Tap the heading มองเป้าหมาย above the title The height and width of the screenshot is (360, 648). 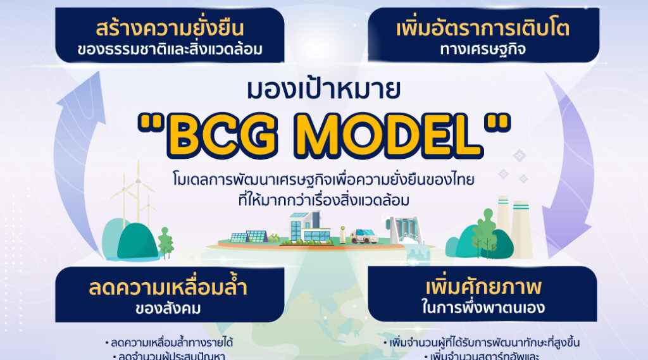(323, 91)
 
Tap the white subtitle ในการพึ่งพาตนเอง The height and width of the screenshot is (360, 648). (483, 309)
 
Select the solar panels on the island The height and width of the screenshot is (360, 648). (248, 237)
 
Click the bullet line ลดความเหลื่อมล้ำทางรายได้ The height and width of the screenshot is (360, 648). (170, 343)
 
